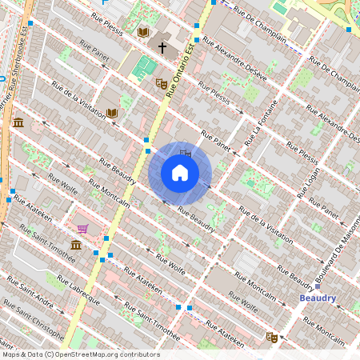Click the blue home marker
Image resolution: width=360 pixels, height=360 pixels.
tap(180, 173)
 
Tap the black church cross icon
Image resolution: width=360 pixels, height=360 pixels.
tap(162, 48)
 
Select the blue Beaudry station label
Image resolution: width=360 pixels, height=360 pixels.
tap(318, 298)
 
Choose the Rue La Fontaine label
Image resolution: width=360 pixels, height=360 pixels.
tap(262, 124)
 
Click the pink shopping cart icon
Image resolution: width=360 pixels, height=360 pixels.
tap(82, 229)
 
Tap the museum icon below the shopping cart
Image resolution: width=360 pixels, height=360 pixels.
tap(76, 245)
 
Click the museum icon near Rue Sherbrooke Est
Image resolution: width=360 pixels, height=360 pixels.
tap(18, 122)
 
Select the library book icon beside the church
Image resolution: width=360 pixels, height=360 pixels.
tap(143, 32)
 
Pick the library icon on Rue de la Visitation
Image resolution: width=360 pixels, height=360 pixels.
tap(112, 113)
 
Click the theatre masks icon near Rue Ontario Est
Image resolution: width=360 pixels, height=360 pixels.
tap(161, 82)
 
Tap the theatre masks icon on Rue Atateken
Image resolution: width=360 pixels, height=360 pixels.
tap(271, 338)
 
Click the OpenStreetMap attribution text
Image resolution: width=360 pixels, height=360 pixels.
tap(81, 354)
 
